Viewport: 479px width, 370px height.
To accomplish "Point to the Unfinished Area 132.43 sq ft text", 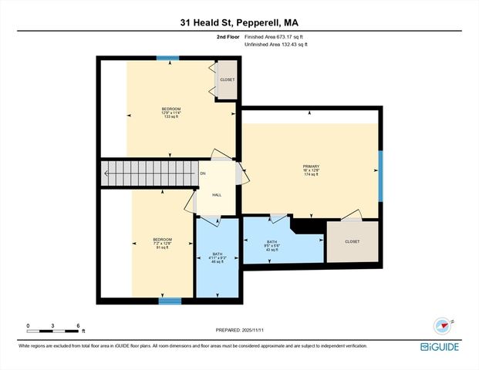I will [x=275, y=45].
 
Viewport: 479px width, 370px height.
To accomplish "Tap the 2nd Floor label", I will [x=228, y=36].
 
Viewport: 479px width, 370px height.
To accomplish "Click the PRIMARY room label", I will [x=311, y=170].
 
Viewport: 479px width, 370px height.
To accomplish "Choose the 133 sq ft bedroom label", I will [x=170, y=113].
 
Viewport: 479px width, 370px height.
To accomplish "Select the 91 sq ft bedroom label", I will [x=162, y=244].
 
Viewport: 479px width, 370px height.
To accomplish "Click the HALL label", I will [x=217, y=194].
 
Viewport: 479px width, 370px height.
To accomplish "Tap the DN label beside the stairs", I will [x=203, y=173].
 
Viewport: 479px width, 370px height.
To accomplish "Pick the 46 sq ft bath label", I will [x=218, y=258].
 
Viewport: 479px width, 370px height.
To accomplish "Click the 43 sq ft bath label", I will [x=271, y=245].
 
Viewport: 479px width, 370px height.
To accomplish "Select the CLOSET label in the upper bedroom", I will [x=227, y=80].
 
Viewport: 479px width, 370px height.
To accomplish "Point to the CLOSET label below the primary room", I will [x=352, y=241].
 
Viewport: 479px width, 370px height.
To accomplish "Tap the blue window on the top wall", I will [x=167, y=58].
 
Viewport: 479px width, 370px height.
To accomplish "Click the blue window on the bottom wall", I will [x=170, y=301].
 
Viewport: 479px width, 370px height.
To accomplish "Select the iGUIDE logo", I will [x=442, y=347].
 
